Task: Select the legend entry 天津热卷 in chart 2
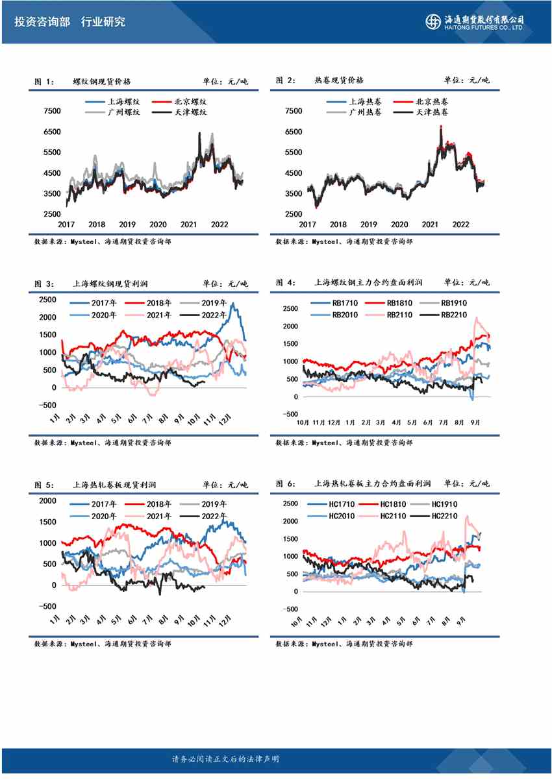point(431,112)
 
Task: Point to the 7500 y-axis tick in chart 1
point(52,111)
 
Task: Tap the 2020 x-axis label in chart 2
point(399,224)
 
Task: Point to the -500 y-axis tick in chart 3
point(47,406)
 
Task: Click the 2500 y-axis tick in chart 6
point(290,504)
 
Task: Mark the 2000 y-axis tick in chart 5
point(48,500)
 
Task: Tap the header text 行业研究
point(103,22)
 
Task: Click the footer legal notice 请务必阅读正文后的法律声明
point(225,759)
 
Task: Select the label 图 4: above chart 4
point(286,282)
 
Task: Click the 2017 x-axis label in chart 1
point(66,224)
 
